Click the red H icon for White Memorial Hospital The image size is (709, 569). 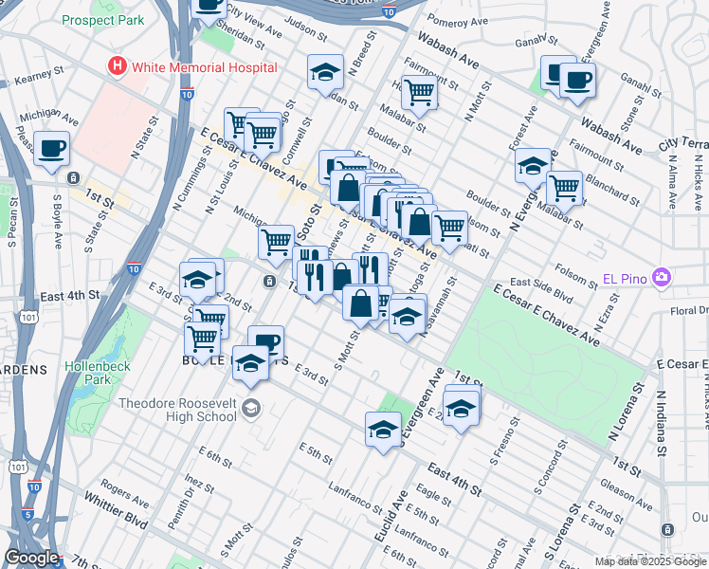click(118, 66)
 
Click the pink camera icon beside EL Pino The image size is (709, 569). click(662, 278)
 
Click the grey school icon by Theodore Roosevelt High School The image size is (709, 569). click(250, 409)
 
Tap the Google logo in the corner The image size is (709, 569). click(31, 558)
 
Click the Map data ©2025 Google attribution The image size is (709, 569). click(650, 561)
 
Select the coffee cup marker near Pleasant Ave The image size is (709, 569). click(52, 149)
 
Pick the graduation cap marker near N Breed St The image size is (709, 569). click(325, 73)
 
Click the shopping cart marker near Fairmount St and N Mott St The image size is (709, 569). click(418, 92)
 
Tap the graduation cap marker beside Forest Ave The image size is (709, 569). click(534, 165)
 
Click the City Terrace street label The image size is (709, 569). click(682, 143)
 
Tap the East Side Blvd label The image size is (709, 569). click(541, 288)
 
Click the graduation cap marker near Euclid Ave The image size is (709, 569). click(384, 429)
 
